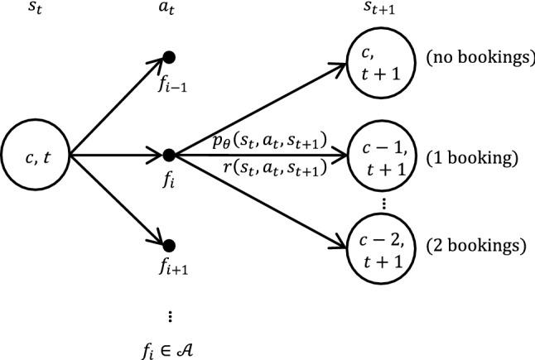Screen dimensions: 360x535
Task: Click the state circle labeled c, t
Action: (x=36, y=155)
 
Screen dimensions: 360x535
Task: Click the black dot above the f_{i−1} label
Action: (x=169, y=56)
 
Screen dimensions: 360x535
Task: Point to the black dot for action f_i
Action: (x=169, y=155)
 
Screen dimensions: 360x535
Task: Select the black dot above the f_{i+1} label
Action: (x=169, y=245)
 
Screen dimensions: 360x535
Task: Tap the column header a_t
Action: (x=169, y=12)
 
